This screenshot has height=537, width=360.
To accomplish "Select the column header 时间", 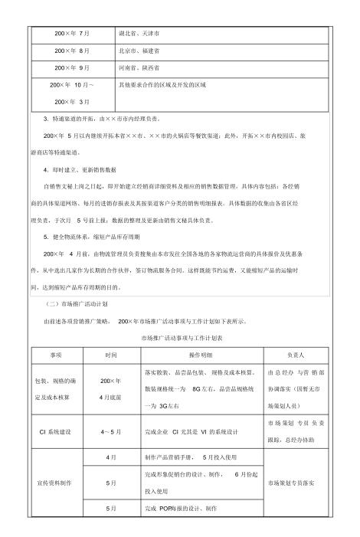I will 111,355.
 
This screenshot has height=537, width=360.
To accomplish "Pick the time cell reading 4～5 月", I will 111,433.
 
